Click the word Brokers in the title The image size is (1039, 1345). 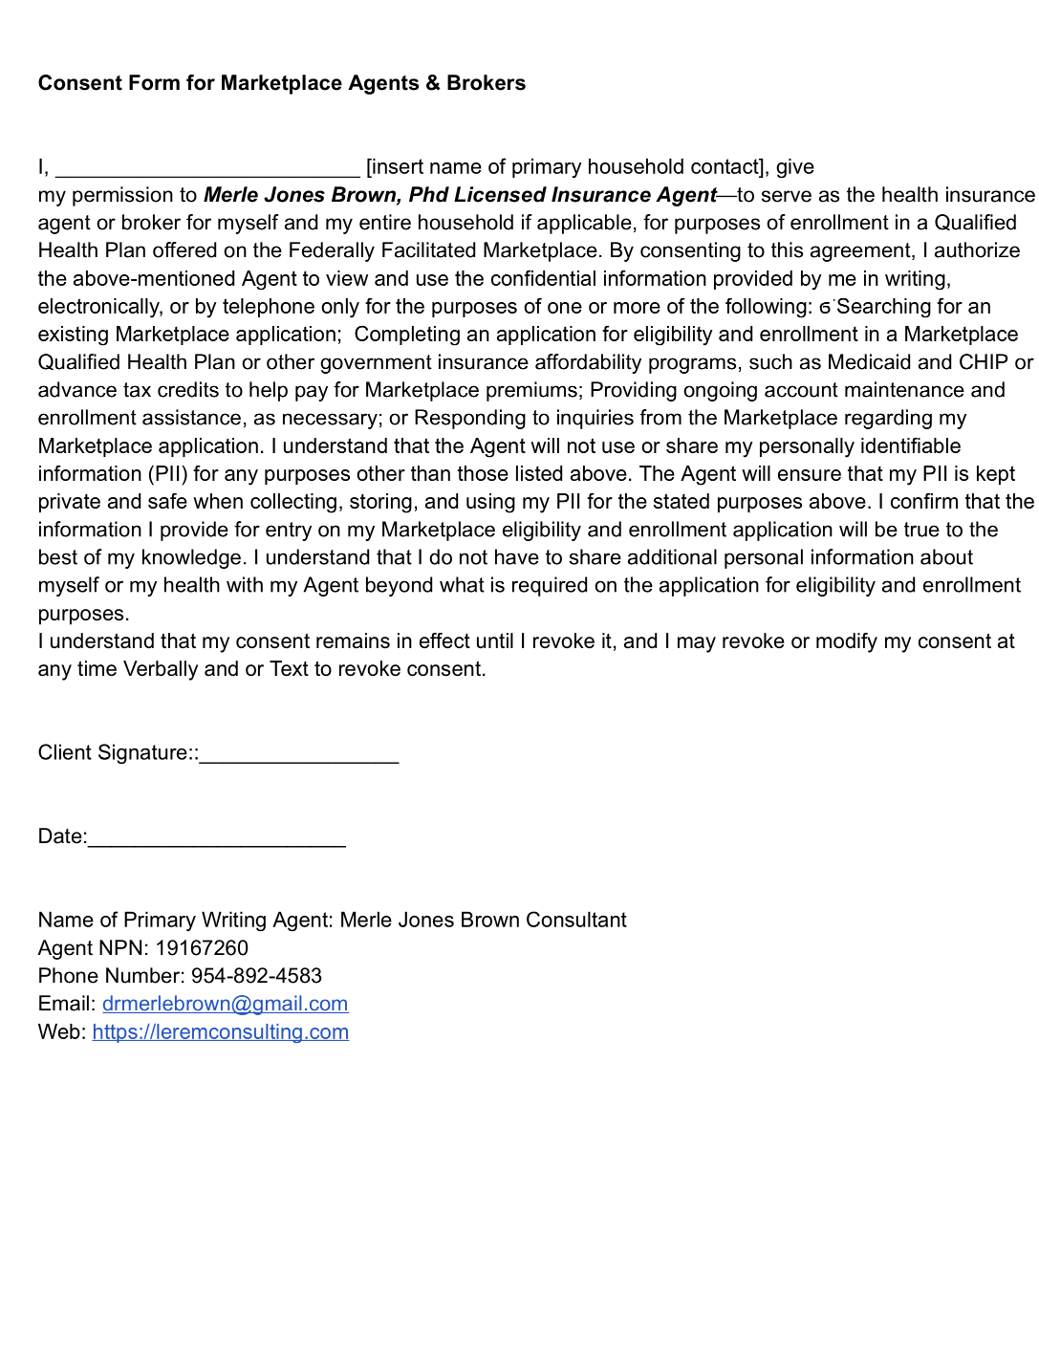486,83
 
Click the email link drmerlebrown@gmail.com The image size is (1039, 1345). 225,1004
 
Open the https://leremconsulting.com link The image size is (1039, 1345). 220,1032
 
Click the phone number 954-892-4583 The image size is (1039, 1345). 256,976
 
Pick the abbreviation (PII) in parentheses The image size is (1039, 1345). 167,474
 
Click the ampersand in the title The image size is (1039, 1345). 432,83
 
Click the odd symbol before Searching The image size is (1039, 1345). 825,308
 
